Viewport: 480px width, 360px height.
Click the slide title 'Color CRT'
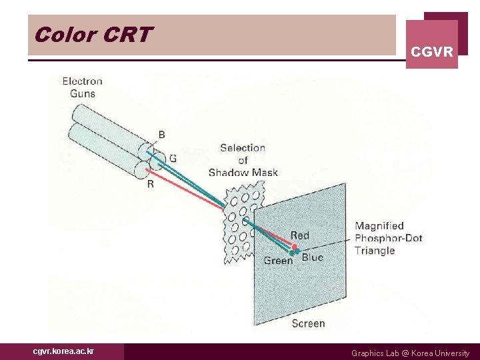(93, 35)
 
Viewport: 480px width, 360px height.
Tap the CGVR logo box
(432, 45)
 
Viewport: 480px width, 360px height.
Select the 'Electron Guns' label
(83, 87)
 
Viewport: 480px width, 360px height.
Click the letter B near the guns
(161, 135)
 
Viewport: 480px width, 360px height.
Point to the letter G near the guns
(173, 159)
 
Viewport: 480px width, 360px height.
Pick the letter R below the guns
(150, 184)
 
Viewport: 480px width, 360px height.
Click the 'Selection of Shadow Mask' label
(243, 160)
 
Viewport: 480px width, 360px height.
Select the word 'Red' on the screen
(300, 235)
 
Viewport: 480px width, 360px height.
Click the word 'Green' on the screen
(278, 261)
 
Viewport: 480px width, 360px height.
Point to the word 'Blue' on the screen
(313, 257)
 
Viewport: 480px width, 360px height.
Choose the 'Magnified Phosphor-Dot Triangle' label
(388, 238)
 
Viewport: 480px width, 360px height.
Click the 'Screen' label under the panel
(308, 323)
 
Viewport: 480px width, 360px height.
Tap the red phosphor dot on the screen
(294, 247)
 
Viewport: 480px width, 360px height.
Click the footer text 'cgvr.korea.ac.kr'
(63, 351)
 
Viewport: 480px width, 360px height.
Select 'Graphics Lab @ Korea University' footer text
(410, 353)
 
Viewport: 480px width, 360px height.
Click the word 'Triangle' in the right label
(375, 251)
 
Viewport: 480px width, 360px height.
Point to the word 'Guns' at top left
(83, 93)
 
